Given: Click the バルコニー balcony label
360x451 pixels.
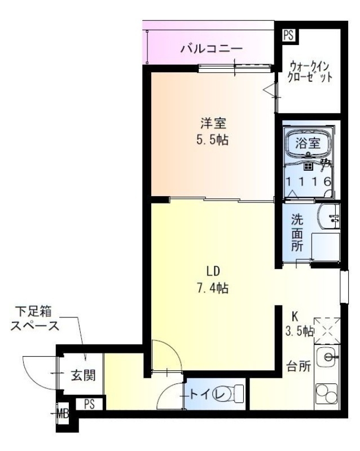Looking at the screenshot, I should pyautogui.click(x=212, y=49).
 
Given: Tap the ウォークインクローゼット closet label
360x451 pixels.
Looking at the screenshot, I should pyautogui.click(x=309, y=71).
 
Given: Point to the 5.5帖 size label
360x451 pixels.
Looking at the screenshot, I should pyautogui.click(x=212, y=140).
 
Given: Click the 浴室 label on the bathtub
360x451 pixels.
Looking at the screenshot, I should pyautogui.click(x=308, y=143).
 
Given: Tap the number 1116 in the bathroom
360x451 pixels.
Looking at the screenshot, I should pyautogui.click(x=308, y=182).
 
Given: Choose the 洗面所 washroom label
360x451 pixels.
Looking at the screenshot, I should pyautogui.click(x=297, y=232).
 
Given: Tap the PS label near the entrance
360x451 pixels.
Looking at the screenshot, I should pyautogui.click(x=89, y=404).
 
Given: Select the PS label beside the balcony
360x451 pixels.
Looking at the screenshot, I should pyautogui.click(x=288, y=35).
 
